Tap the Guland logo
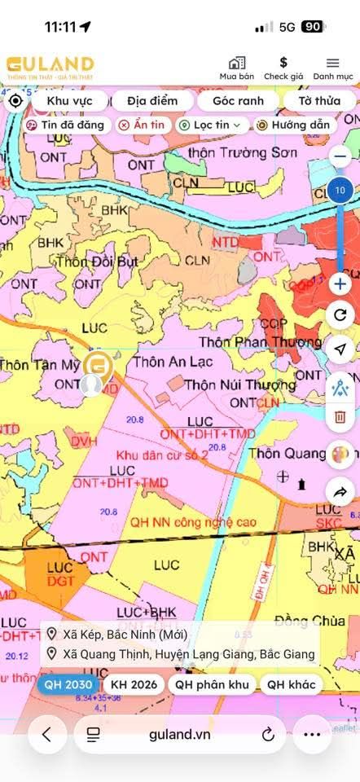(50, 64)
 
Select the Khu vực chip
(68, 101)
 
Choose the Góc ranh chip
(238, 101)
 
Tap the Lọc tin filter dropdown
(210, 125)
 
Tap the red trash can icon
(340, 418)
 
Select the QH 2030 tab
(68, 684)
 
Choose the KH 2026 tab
(134, 684)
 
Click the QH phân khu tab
(212, 684)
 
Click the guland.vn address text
(180, 734)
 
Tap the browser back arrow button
(47, 734)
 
